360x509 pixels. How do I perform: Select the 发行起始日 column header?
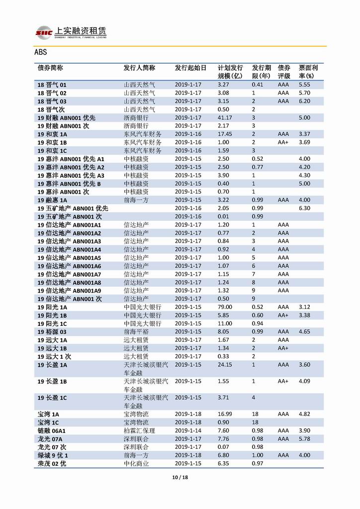pyautogui.click(x=190, y=68)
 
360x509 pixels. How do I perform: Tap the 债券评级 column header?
pyautogui.click(x=284, y=72)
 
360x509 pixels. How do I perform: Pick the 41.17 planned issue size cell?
pyautogui.click(x=225, y=118)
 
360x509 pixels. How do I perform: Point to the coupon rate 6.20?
pyautogui.click(x=304, y=102)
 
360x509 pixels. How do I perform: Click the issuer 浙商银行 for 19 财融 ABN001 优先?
pyautogui.click(x=136, y=118)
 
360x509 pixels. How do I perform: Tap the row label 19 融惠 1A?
pyautogui.click(x=52, y=200)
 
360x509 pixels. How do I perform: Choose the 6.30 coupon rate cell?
pyautogui.click(x=304, y=208)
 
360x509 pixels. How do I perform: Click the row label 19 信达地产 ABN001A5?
pyautogui.click(x=69, y=258)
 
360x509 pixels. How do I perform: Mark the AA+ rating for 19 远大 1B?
pyautogui.click(x=283, y=348)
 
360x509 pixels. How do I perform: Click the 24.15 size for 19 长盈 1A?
pyautogui.click(x=225, y=365)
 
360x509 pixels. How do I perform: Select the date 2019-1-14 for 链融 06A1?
pyautogui.click(x=188, y=430)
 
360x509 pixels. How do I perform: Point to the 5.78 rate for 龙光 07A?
pyautogui.click(x=304, y=439)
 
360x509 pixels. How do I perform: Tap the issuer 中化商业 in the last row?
pyautogui.click(x=136, y=464)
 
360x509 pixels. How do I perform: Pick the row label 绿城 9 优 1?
pyautogui.click(x=52, y=455)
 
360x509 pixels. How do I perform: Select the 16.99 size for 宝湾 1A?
pyautogui.click(x=225, y=414)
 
